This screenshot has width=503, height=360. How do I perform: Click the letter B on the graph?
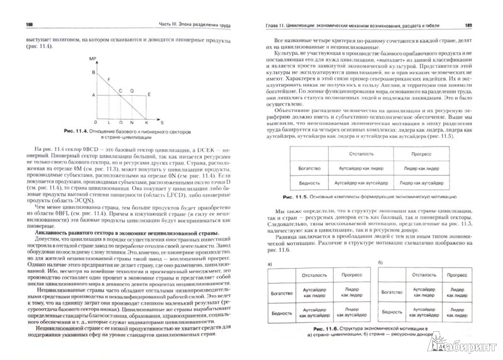pyautogui.click(x=93, y=73)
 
